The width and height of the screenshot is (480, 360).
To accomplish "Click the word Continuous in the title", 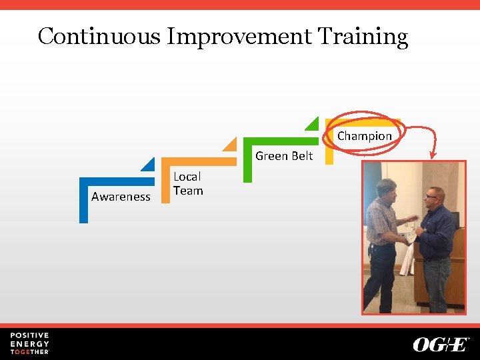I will pos(99,36).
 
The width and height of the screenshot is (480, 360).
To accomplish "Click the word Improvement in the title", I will pos(239,36).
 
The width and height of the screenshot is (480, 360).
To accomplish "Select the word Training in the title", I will pos(363,36).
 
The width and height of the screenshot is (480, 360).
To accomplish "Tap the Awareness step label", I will pos(121,197).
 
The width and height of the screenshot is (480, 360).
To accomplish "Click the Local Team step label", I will pos(187,183).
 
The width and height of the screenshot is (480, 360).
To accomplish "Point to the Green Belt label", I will pos(284,156).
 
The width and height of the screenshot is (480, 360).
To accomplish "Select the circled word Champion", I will pos(364,136).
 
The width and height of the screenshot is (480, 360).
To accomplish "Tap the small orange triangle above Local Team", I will pos(231,144).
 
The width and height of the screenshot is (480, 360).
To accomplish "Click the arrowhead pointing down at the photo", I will pos(433,156).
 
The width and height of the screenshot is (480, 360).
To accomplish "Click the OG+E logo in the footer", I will pos(441,344).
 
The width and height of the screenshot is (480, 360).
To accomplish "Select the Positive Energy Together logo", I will pos(29,343).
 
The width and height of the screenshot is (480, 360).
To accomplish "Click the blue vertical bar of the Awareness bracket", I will pos(83,203).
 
